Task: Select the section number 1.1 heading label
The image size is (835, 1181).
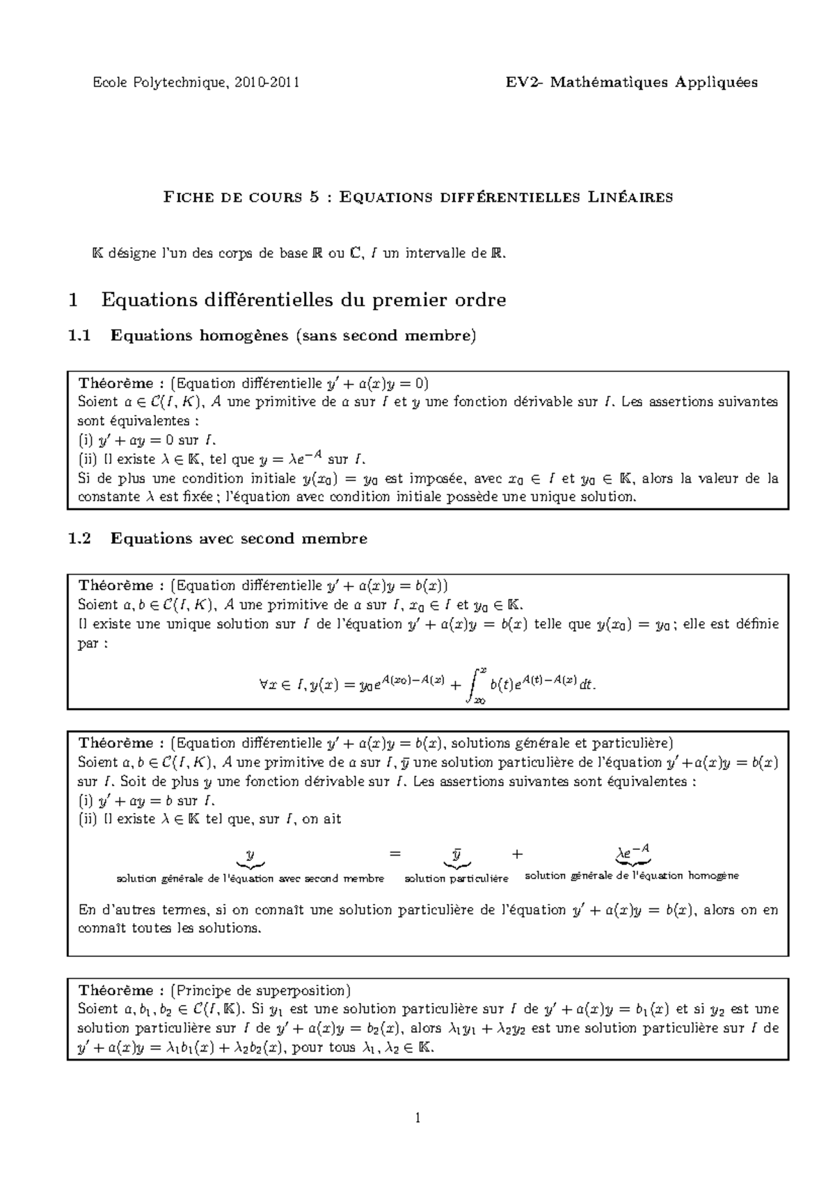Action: coord(79,336)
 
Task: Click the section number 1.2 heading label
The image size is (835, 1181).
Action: coord(79,538)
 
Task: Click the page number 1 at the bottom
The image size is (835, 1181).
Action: coord(417,1118)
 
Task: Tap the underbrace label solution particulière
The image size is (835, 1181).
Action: coord(456,878)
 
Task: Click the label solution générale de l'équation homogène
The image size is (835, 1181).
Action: coord(631,876)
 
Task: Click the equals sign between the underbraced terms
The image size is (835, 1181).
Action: coord(395,854)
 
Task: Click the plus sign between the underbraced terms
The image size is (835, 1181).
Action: coord(516,854)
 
